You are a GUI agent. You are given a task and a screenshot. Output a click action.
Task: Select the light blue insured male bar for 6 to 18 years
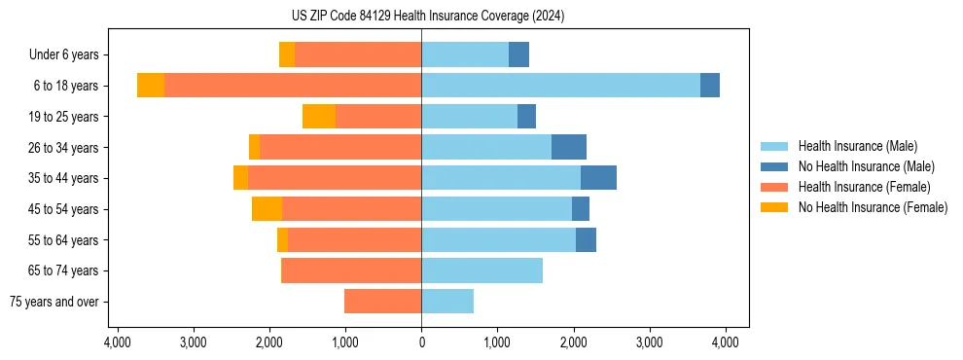click(560, 86)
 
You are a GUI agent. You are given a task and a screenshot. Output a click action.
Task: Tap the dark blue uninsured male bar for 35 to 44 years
click(598, 178)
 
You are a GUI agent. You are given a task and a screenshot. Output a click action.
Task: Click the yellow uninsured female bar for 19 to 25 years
click(319, 117)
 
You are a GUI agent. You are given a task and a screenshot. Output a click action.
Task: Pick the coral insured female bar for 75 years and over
click(382, 302)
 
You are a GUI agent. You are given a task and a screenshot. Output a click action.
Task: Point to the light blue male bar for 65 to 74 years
click(481, 270)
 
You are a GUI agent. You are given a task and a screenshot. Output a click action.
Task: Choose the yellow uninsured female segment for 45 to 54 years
click(267, 209)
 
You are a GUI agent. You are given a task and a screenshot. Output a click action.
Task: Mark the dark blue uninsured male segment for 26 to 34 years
click(569, 147)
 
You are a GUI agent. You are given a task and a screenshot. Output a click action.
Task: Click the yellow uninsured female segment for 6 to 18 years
click(151, 86)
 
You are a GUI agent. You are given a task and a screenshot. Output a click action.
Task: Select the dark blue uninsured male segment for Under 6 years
click(518, 54)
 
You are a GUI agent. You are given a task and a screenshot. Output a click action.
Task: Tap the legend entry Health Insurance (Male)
click(857, 146)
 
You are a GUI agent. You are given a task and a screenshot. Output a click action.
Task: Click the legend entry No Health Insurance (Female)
click(873, 207)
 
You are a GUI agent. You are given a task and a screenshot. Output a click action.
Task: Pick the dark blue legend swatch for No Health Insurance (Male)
click(774, 166)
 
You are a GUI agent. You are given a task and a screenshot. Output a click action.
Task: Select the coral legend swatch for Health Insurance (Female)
click(774, 187)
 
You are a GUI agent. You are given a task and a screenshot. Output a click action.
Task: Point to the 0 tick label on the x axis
click(421, 342)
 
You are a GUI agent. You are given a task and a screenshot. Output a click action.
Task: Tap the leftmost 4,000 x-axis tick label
click(117, 342)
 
